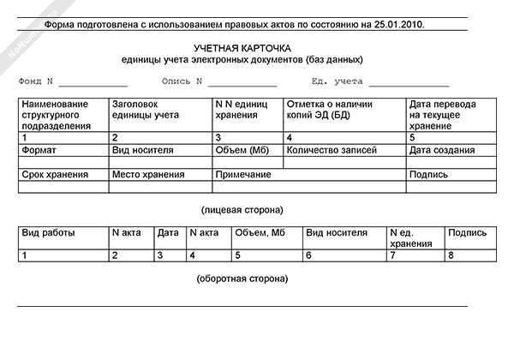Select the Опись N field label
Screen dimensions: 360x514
pyautogui.click(x=181, y=82)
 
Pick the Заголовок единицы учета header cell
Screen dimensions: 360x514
pyautogui.click(x=145, y=109)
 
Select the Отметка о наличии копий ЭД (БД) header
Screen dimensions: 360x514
pyautogui.click(x=329, y=109)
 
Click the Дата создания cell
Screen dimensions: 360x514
pyautogui.click(x=442, y=150)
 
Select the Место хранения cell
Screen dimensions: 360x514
pyautogui.click(x=146, y=175)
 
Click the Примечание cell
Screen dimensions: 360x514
pyautogui.click(x=243, y=175)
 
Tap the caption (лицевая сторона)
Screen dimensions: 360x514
pyautogui.click(x=242, y=209)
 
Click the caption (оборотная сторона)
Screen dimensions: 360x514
pyautogui.click(x=242, y=279)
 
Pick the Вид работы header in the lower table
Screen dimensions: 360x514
pyautogui.click(x=48, y=232)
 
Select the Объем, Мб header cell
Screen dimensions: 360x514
pyautogui.click(x=260, y=232)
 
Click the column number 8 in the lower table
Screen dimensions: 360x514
pyautogui.click(x=450, y=255)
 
